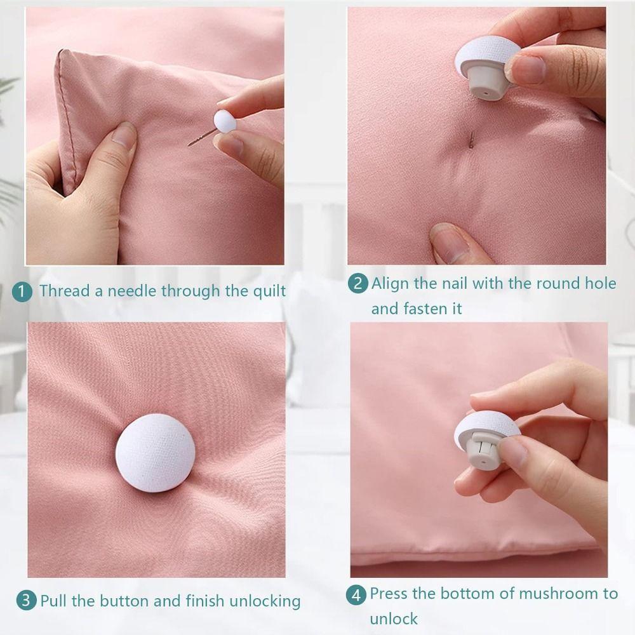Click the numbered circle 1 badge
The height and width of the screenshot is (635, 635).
click(x=22, y=292)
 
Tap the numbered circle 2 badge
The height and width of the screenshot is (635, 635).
click(x=358, y=283)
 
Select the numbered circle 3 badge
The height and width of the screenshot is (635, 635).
click(x=26, y=601)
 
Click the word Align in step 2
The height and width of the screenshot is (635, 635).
click(x=391, y=283)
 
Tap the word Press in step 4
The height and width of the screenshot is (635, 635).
click(x=389, y=594)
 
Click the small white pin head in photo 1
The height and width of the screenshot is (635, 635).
click(x=224, y=121)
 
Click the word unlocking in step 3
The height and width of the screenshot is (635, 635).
click(x=261, y=601)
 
